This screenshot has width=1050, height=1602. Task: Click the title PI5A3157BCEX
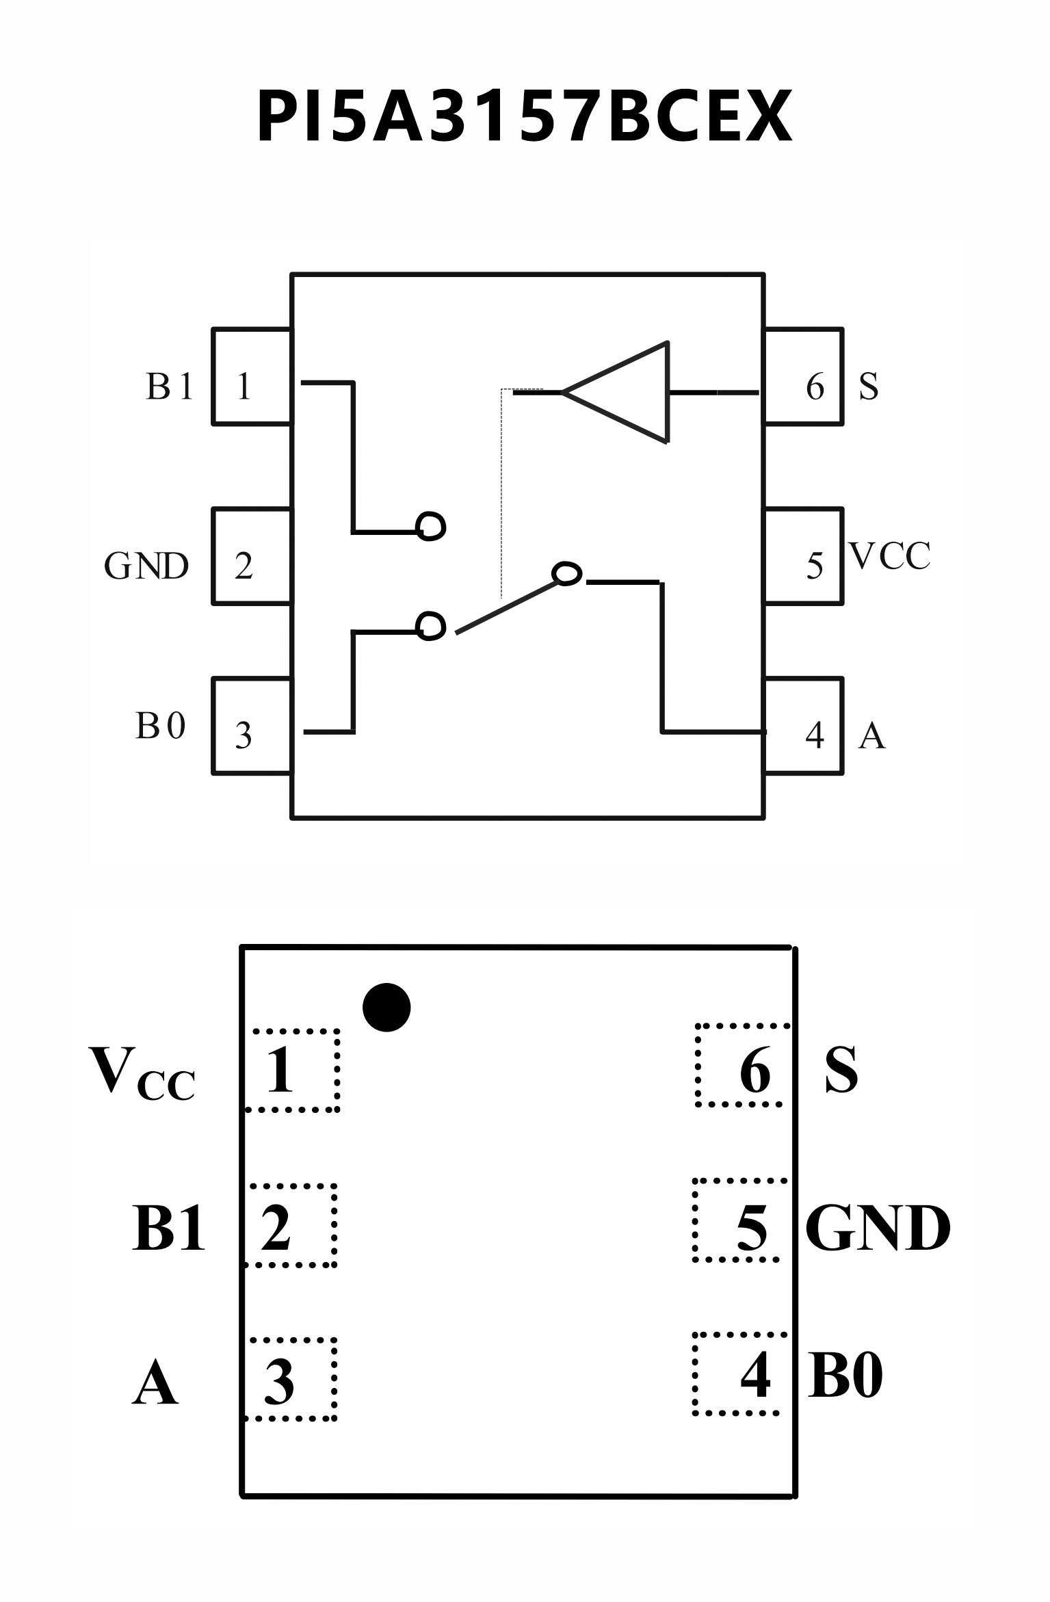[524, 117]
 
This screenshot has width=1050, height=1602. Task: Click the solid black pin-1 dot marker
[386, 1007]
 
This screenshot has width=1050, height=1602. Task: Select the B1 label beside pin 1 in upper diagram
[169, 386]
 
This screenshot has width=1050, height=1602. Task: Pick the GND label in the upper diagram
[146, 566]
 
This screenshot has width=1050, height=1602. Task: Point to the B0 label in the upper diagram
[161, 726]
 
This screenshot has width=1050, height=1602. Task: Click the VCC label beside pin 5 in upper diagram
[890, 556]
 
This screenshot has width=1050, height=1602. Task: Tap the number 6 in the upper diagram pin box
[815, 387]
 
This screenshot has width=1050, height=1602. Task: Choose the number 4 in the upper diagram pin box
[815, 735]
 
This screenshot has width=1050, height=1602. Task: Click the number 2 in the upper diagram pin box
[244, 566]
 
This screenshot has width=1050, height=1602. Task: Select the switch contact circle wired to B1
[432, 526]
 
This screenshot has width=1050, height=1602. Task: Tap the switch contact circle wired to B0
[431, 625]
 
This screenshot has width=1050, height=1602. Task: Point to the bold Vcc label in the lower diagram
[142, 1073]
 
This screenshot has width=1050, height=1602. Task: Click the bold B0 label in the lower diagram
[845, 1376]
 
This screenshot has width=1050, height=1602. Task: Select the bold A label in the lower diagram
[155, 1382]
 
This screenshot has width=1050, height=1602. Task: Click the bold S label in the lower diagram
[841, 1071]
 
